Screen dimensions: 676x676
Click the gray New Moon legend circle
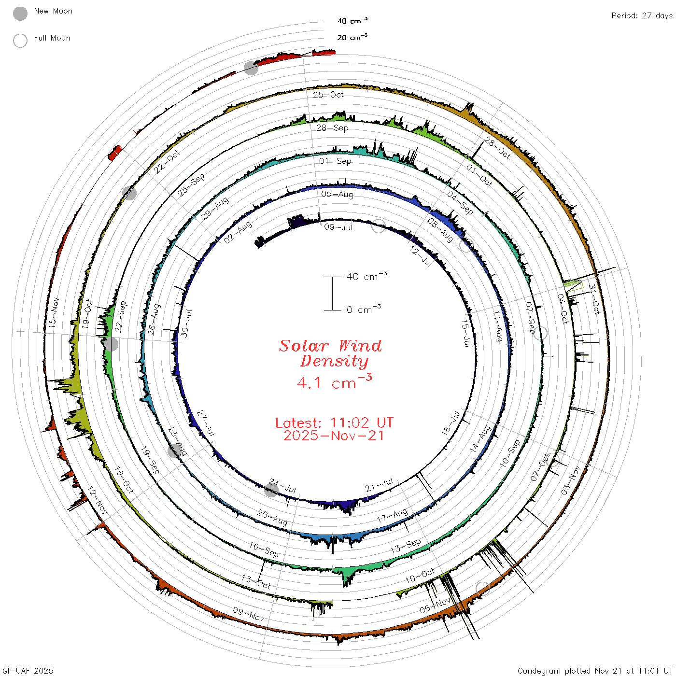(20, 14)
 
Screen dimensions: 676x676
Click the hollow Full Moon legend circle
(20, 41)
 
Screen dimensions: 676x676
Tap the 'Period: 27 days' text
(642, 16)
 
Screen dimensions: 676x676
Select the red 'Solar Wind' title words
(330, 346)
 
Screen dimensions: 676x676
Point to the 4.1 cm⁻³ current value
(334, 381)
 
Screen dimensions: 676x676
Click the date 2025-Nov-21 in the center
(334, 436)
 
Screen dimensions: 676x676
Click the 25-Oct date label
(328, 94)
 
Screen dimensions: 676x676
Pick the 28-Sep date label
(332, 127)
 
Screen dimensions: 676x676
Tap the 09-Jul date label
(338, 227)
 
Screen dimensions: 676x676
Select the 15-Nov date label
(54, 313)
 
